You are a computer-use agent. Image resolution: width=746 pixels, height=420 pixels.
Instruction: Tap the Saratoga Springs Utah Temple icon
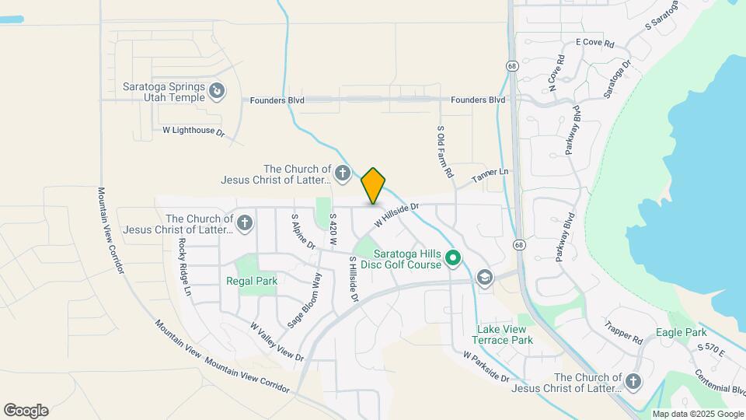218,92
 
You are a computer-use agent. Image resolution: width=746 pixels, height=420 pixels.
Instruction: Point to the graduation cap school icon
485,278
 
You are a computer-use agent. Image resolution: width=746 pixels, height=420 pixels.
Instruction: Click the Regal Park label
252,281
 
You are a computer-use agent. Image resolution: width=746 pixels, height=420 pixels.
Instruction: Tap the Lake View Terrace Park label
504,334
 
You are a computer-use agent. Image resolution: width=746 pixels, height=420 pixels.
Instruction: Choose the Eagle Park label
680,333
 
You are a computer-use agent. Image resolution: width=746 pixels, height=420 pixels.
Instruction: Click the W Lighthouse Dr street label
193,131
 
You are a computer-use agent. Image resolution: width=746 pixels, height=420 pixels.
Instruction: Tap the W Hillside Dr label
396,215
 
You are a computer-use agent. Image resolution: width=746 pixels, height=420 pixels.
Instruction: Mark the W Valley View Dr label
277,341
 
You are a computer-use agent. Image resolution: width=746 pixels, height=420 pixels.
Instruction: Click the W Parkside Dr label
486,366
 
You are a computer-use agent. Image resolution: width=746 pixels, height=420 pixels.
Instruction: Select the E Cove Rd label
594,44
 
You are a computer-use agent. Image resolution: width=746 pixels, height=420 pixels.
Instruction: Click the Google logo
26,411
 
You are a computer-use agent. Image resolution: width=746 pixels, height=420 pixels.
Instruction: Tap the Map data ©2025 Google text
698,414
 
